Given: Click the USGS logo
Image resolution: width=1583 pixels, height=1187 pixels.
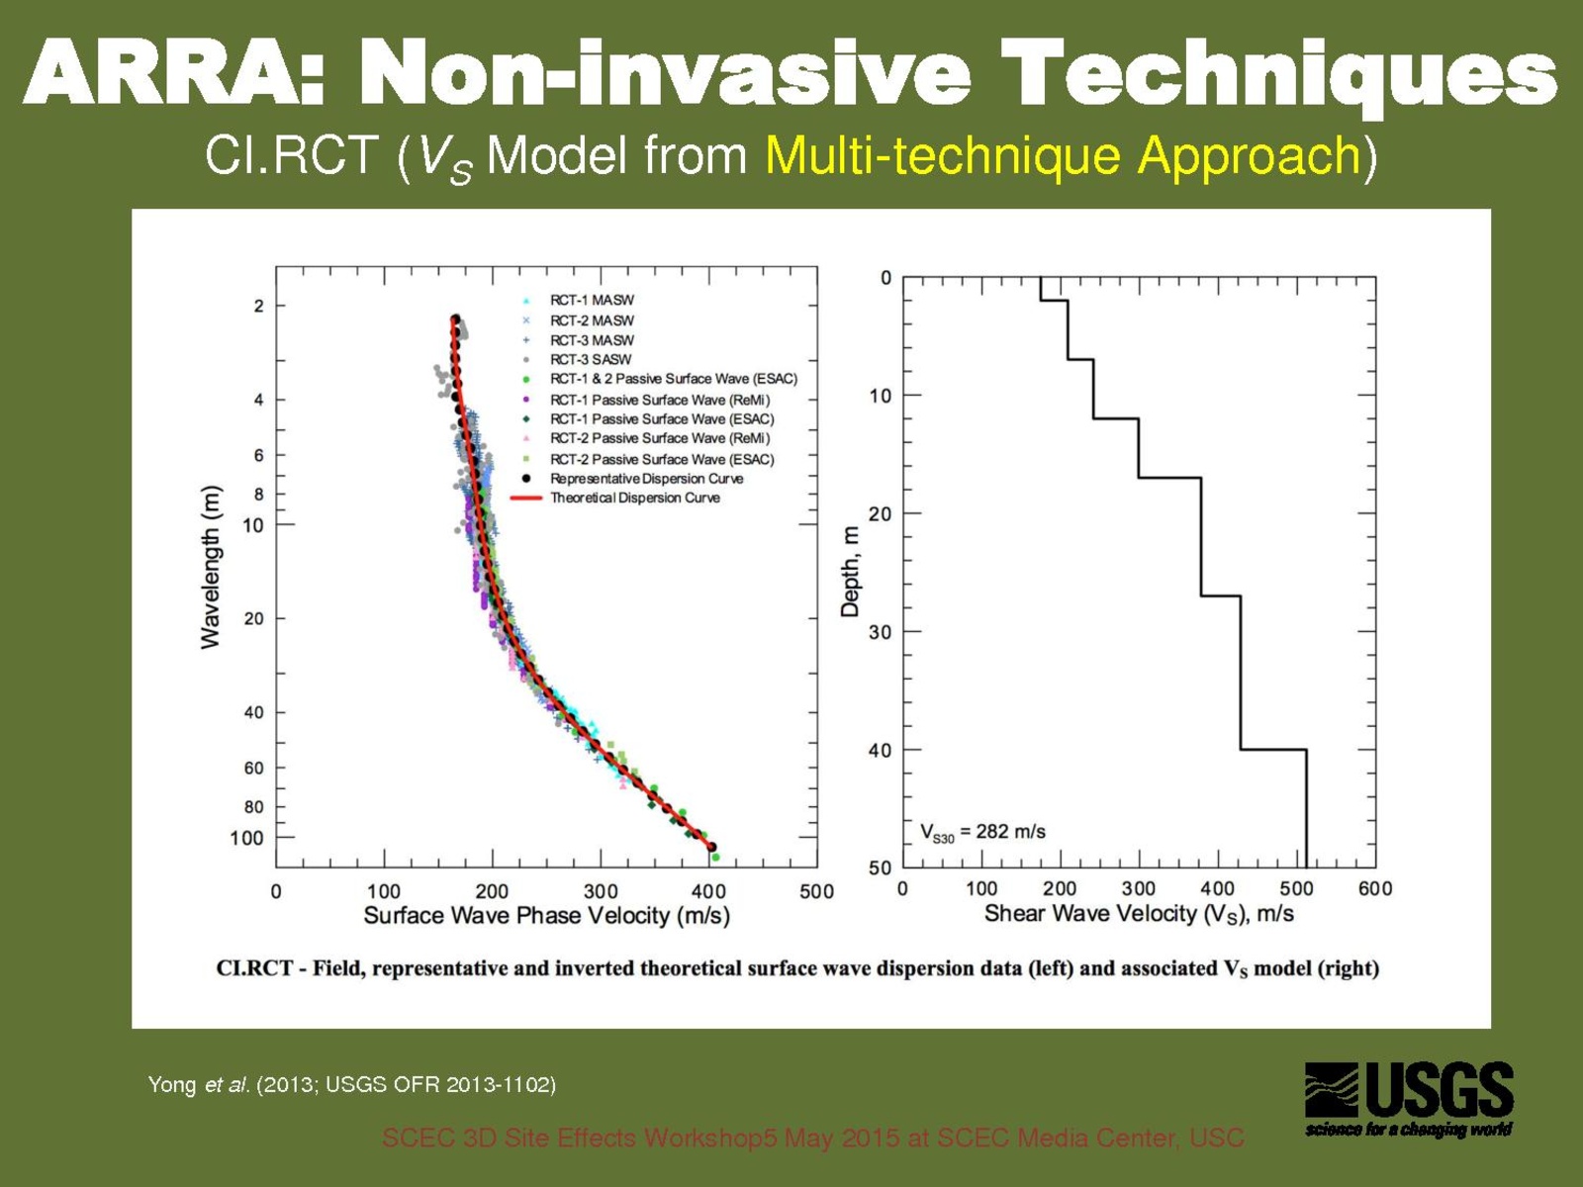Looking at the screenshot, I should click(x=1409, y=1098).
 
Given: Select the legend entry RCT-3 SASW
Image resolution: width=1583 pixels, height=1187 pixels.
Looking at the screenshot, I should click(x=590, y=359).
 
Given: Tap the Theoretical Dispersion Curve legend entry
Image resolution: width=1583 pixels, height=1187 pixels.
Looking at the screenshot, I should click(x=634, y=498).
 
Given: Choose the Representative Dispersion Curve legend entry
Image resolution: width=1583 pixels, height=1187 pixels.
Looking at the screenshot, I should click(x=646, y=479).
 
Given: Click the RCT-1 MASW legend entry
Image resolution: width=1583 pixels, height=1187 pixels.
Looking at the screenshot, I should click(x=592, y=300).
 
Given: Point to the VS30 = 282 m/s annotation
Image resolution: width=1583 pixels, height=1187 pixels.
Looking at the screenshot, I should click(x=982, y=832).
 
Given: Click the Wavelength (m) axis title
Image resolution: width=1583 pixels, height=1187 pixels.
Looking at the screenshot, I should click(x=211, y=567).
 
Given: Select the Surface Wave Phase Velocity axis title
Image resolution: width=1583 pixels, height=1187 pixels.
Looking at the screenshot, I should click(x=546, y=915).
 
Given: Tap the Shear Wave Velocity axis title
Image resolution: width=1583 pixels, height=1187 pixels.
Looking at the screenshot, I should click(x=1139, y=913).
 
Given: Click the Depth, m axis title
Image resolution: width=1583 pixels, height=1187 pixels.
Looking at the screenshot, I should click(x=850, y=572).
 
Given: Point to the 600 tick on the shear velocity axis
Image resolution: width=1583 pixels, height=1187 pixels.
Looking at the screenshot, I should click(x=1374, y=888).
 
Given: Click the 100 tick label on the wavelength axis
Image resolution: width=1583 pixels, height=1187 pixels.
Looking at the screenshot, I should click(x=247, y=838).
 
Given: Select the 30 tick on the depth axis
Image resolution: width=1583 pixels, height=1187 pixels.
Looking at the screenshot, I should click(x=880, y=632).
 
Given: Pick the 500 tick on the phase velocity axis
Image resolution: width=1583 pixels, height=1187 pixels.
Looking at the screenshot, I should click(x=816, y=891).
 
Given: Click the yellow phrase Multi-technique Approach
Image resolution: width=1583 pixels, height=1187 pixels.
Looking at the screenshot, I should click(x=1064, y=155).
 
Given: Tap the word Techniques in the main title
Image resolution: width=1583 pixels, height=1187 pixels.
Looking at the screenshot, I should click(x=1278, y=72).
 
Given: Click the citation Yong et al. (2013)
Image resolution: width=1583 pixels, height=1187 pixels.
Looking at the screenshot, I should click(x=351, y=1085).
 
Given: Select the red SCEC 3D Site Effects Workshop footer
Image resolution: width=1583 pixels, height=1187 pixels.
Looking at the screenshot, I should click(x=812, y=1138).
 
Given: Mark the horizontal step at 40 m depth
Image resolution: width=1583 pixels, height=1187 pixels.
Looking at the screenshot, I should click(x=1273, y=750).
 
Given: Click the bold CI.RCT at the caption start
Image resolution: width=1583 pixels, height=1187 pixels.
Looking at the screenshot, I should click(x=253, y=968).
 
